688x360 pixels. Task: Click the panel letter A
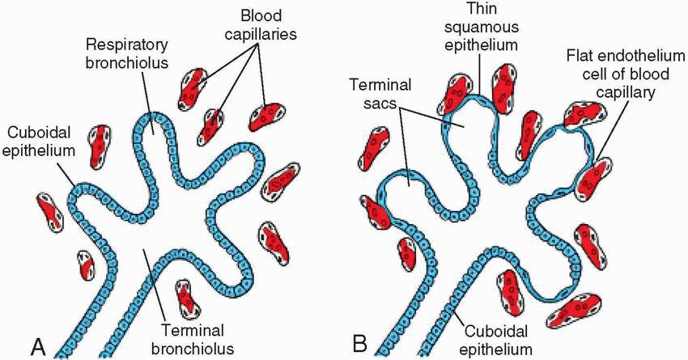click(37, 345)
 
